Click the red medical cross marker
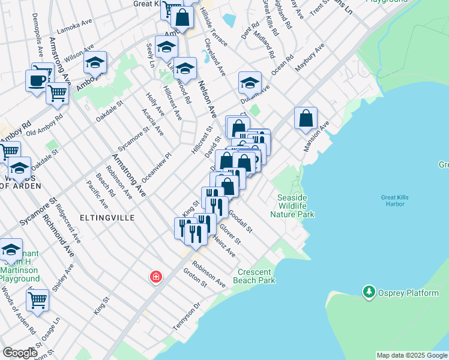tap(155, 277)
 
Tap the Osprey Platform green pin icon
tap(369, 292)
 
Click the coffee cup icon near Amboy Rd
tap(37, 80)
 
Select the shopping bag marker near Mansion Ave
tap(306, 118)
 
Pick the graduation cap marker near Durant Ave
tap(250, 82)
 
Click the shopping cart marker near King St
tap(37, 299)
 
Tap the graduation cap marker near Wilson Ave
tap(95, 62)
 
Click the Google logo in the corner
tap(20, 353)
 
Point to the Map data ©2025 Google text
tap(412, 355)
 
